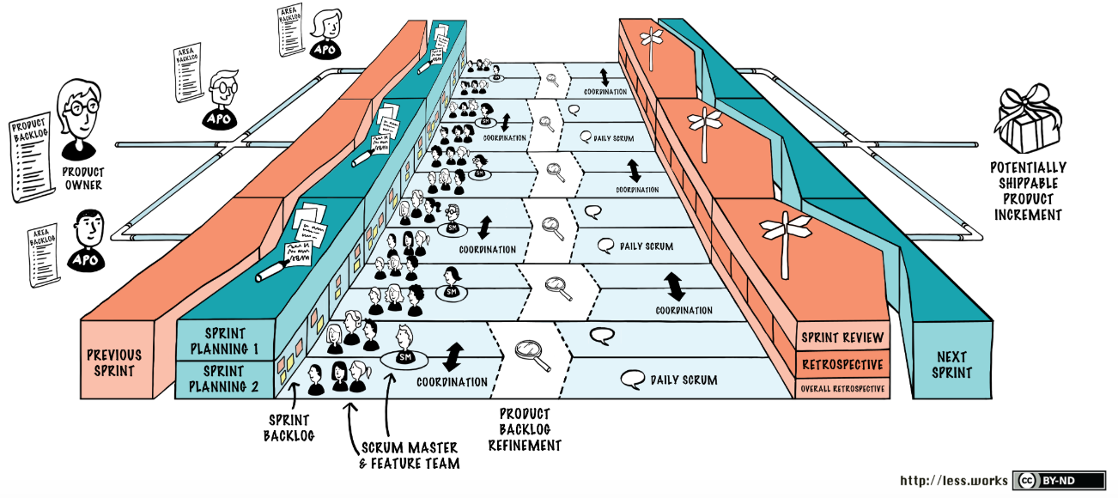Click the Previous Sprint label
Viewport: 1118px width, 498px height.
coord(114,362)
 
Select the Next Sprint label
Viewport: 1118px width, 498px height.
coord(951,364)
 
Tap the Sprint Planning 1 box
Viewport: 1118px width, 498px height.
coord(225,341)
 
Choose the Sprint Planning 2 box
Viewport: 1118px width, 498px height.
coord(225,379)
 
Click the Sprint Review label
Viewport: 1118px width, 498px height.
coord(842,337)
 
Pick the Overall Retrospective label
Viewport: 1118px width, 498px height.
coord(842,389)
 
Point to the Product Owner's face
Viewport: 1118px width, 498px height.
coord(79,107)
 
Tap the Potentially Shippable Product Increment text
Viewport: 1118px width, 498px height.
coord(1027,191)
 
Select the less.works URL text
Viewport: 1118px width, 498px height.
coord(954,481)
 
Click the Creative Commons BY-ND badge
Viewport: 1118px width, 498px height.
coord(1046,481)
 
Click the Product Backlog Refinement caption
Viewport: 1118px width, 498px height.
coord(525,429)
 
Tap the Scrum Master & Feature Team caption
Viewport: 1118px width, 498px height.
coord(410,456)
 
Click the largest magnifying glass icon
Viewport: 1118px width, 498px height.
coord(531,353)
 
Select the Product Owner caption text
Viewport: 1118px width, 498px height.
coord(82,179)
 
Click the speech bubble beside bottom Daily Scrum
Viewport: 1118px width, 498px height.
coord(634,378)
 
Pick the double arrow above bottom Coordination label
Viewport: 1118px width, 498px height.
coord(453,356)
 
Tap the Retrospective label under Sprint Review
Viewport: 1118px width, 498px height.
coord(842,365)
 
